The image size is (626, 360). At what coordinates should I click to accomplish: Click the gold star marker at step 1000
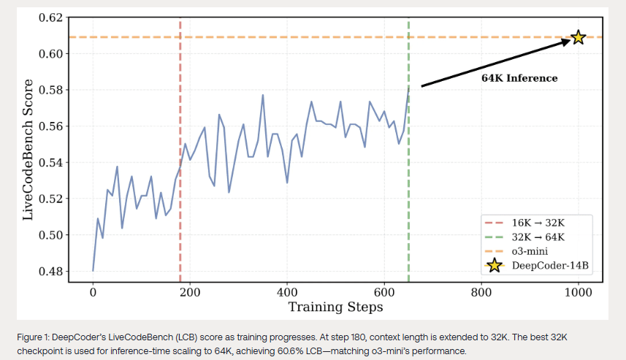click(x=578, y=37)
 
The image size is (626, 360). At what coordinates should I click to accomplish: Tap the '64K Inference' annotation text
click(x=519, y=78)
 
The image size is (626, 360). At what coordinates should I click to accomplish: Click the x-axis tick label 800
click(x=481, y=292)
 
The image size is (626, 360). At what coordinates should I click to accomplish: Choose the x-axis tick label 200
click(x=190, y=292)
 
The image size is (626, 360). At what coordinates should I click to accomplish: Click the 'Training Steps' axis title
click(x=335, y=307)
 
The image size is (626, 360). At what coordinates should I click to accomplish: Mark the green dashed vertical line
click(x=408, y=183)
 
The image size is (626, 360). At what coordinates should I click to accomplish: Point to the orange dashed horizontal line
click(x=292, y=37)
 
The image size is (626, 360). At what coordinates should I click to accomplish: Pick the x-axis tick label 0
click(x=93, y=292)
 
